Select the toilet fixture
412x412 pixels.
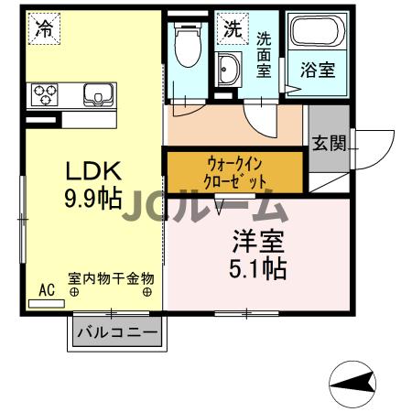click(188, 41)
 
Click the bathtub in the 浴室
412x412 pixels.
click(317, 37)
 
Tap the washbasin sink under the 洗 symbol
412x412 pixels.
click(228, 68)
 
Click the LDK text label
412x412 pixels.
click(92, 171)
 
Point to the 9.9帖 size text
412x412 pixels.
click(92, 198)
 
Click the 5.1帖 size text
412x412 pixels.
click(255, 268)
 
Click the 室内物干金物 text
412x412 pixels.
click(111, 278)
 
